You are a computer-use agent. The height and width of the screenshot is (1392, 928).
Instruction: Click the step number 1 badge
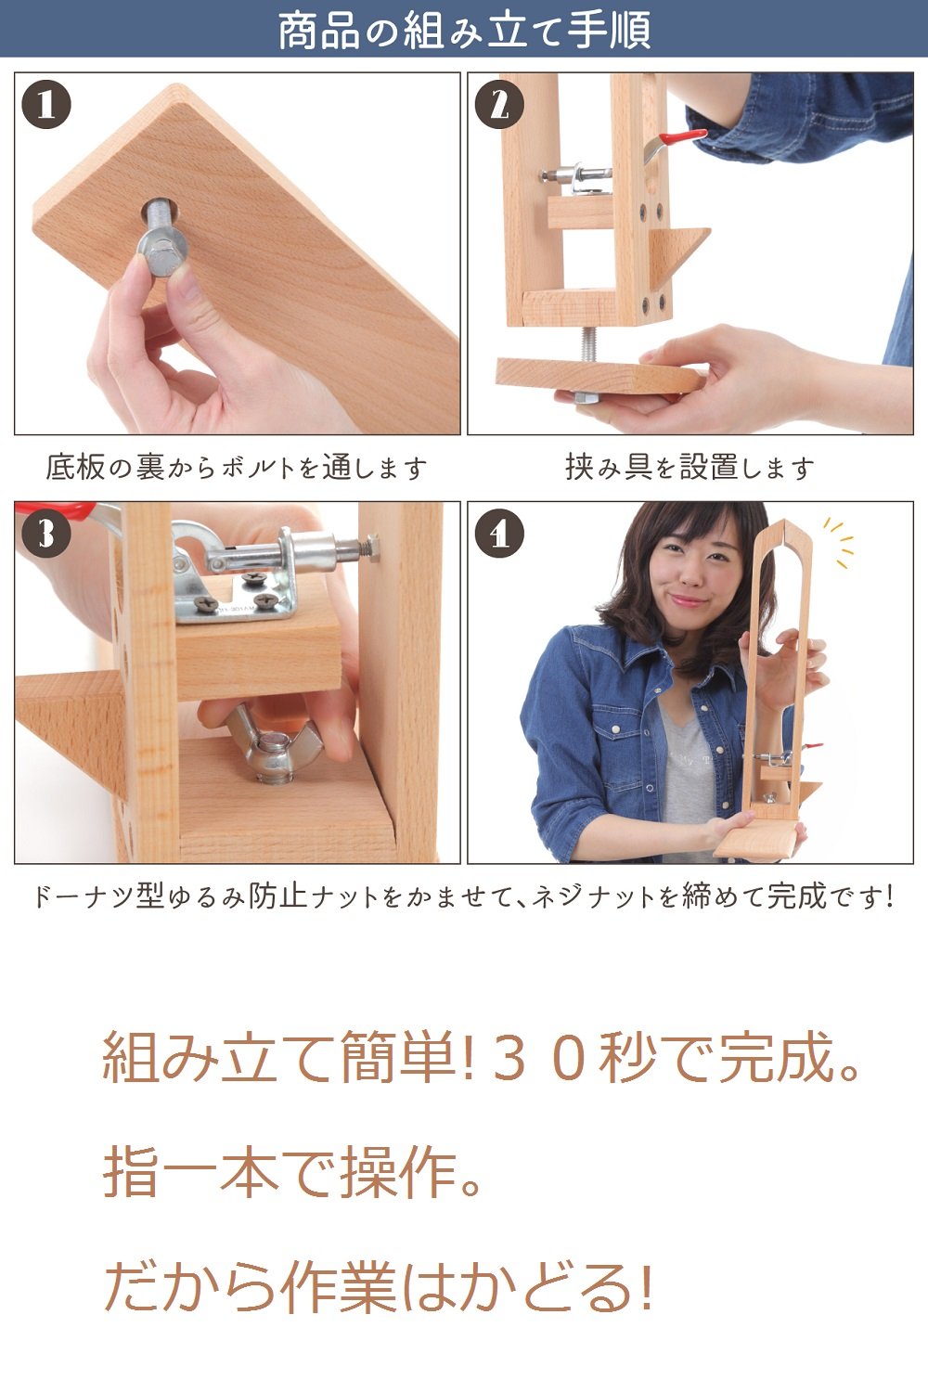click(46, 104)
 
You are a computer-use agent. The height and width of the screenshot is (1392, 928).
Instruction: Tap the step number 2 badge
click(500, 104)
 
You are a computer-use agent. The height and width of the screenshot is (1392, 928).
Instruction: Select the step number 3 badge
click(46, 534)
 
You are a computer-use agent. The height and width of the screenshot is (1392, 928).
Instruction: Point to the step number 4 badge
click(500, 534)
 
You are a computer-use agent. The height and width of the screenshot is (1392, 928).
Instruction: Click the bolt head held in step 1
click(162, 253)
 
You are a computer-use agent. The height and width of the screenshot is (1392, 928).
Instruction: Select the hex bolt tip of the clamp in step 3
click(371, 548)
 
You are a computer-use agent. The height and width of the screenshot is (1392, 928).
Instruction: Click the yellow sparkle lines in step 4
click(840, 542)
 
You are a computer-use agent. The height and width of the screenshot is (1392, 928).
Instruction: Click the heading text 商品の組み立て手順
click(464, 31)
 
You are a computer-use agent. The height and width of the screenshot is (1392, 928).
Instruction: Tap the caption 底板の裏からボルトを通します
click(237, 468)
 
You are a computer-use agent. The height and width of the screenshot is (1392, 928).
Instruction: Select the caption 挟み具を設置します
click(690, 468)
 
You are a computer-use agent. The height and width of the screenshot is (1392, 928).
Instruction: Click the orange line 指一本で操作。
click(292, 1173)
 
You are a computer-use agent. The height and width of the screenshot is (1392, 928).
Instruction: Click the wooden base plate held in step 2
click(599, 376)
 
